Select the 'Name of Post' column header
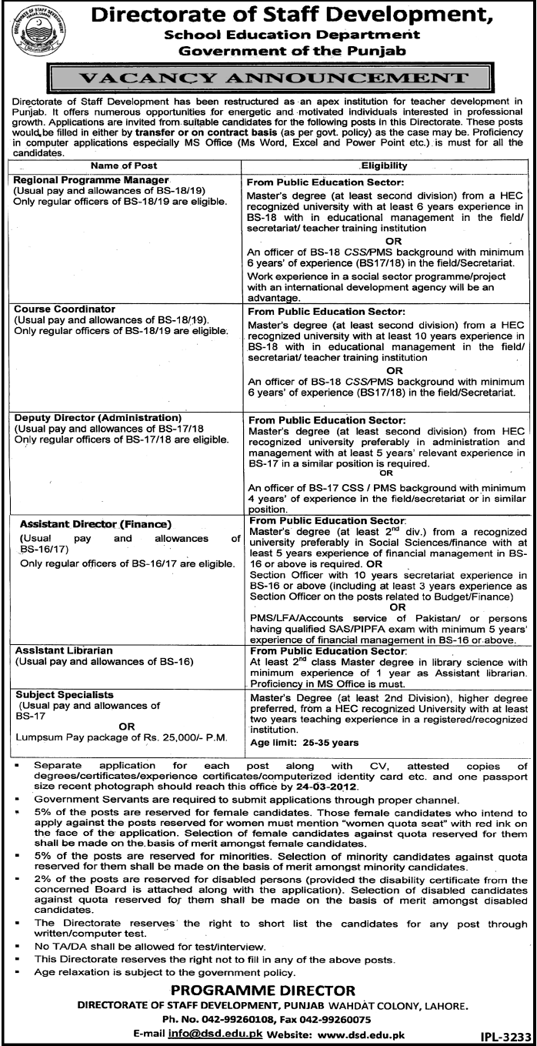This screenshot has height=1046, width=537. point(123,165)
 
